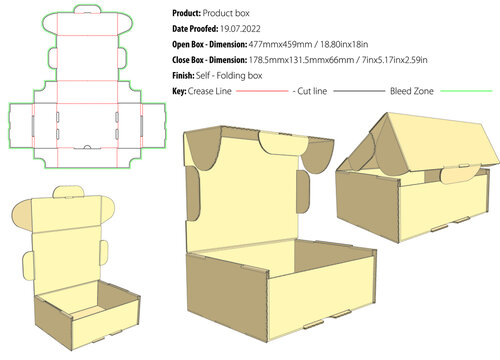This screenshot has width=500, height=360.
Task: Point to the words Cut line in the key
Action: click(316, 91)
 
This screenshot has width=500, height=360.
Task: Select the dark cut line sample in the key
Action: click(359, 91)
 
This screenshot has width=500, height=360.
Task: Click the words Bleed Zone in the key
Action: click(416, 91)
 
